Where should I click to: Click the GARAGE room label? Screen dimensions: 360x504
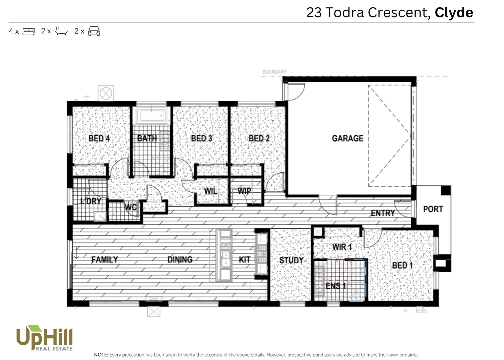pos(347,138)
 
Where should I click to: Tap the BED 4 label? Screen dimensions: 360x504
pos(99,138)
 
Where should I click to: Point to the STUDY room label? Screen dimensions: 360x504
pos(291,260)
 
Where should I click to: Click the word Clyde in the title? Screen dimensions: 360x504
pos(454,13)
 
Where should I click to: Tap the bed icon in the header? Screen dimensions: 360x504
pos(29,31)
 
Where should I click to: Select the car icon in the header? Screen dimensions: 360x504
pos(94,31)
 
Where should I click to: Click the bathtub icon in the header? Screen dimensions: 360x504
pos(61,31)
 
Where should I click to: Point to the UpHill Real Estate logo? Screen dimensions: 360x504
pos(44,338)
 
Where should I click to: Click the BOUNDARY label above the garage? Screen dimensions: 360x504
pos(274,72)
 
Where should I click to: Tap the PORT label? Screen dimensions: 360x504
pos(433,209)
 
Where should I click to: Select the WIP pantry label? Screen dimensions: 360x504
pos(244,191)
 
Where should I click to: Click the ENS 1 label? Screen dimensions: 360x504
pos(335,286)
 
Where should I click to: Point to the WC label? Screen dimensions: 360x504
pos(131,207)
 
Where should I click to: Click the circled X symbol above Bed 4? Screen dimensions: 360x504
pos(106,93)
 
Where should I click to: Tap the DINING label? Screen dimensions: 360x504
pos(180,259)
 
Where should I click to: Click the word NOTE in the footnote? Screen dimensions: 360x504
pos(101,355)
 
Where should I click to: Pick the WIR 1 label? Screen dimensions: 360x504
pos(342,247)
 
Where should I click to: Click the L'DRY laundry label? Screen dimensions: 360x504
pos(91,201)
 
